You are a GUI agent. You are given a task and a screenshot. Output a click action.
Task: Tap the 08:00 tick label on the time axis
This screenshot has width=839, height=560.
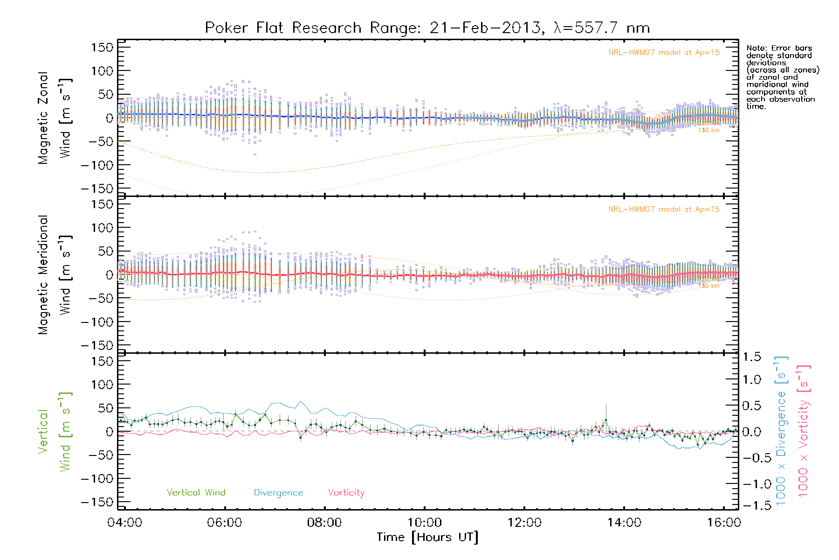coord(324,523)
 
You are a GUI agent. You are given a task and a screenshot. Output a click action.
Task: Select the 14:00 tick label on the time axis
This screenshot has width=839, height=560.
coord(624,523)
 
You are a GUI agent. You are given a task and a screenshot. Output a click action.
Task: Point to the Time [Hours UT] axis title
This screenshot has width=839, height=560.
coord(427,538)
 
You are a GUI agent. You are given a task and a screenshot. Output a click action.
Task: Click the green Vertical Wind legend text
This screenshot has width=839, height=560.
coord(196,493)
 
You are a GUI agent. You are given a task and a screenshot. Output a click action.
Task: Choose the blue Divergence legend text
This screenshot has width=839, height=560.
coord(278,493)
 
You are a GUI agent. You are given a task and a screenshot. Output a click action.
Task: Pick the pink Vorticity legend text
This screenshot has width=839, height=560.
coord(346,493)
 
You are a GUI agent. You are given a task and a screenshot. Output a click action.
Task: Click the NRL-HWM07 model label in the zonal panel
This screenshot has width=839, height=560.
coord(664,53)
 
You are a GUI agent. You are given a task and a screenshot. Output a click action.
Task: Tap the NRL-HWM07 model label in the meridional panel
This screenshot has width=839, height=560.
coord(664,210)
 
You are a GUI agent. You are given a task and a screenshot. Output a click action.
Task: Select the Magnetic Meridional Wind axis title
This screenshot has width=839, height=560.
coord(55,275)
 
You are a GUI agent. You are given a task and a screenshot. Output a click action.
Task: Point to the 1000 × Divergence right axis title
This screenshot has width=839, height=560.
coord(781,431)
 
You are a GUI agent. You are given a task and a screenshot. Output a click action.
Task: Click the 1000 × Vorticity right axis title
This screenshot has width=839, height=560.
coord(804,431)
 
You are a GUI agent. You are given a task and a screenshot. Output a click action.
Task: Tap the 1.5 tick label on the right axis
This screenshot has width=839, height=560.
coord(751,357)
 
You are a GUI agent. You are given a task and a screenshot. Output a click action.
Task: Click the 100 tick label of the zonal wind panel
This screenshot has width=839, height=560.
coord(102,71)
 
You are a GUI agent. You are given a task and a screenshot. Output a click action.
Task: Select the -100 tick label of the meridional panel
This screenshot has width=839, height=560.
coord(97,322)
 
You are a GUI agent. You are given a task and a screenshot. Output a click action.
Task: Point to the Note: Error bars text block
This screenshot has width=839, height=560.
coord(782,77)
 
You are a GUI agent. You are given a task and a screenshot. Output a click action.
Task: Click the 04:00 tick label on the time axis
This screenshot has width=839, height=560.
coord(124,523)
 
